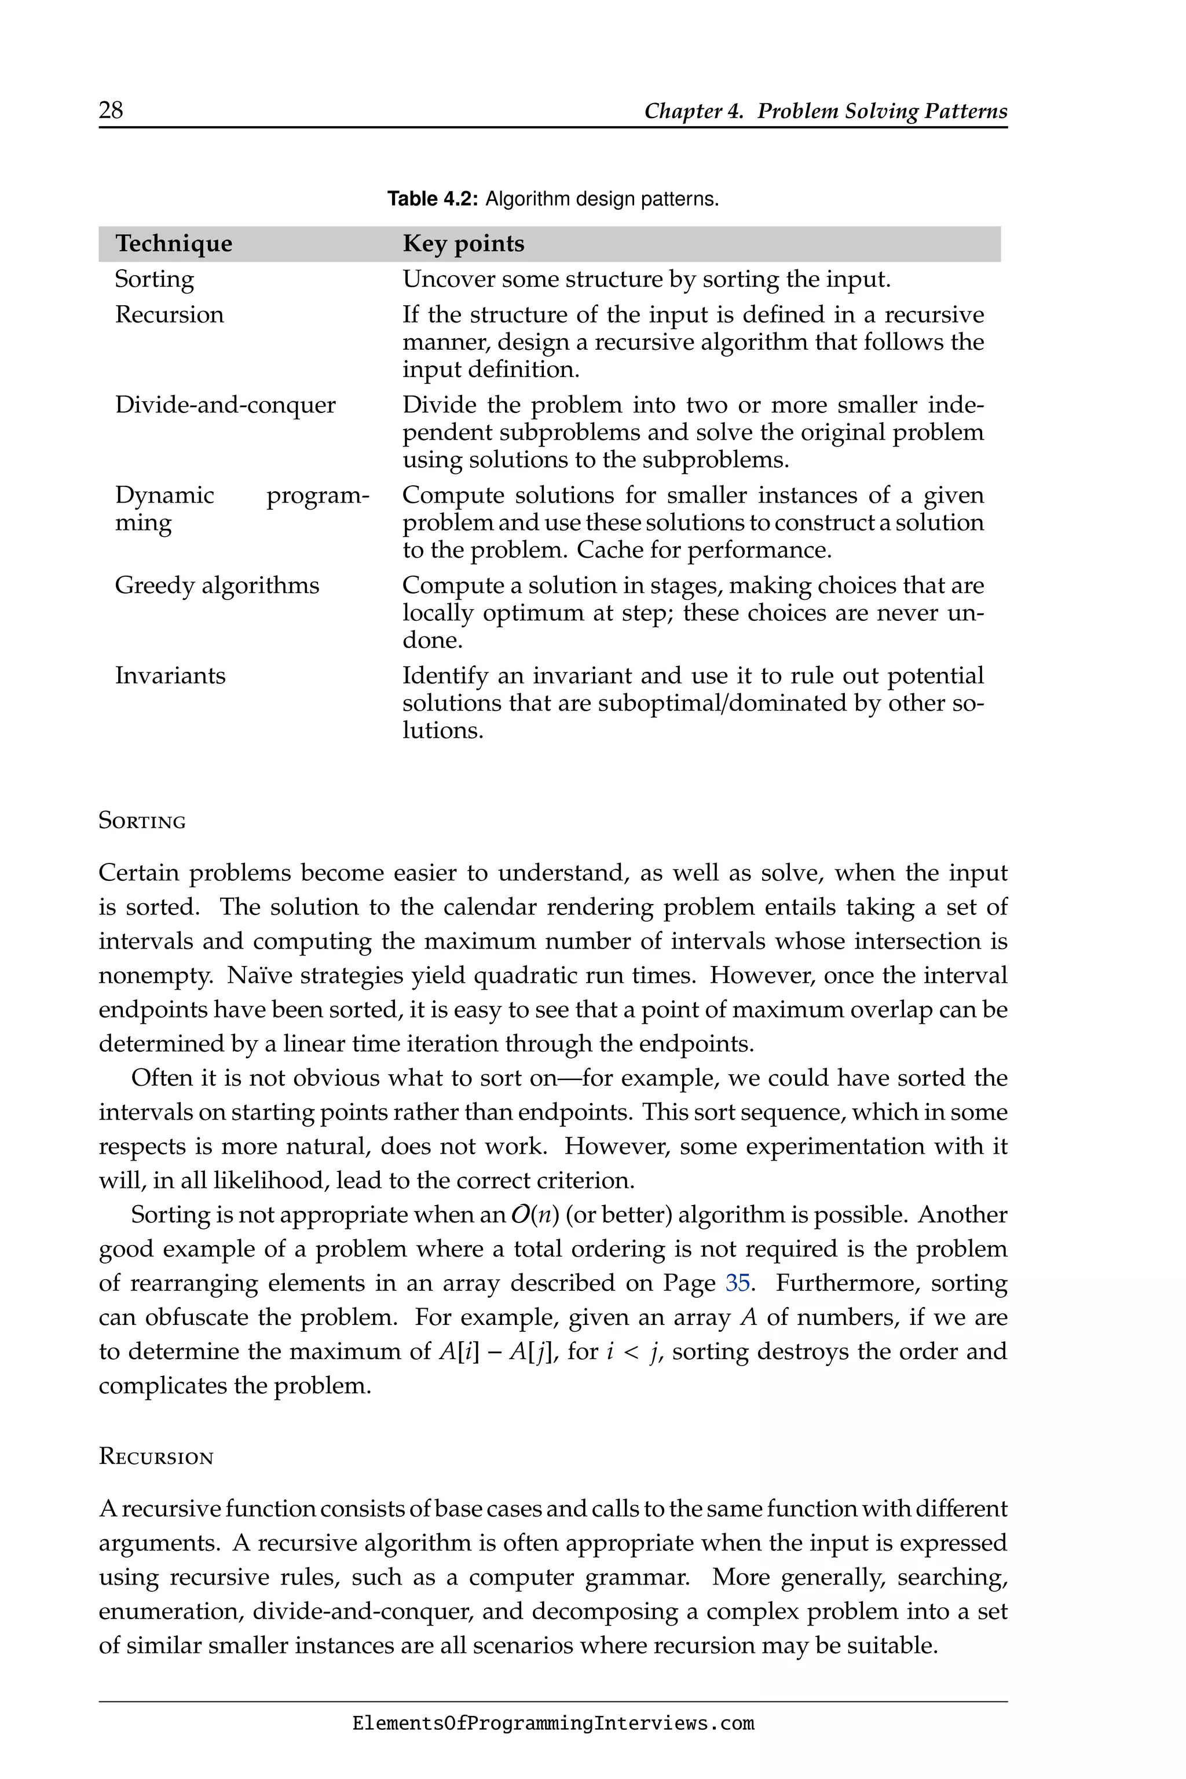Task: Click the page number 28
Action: [x=111, y=111]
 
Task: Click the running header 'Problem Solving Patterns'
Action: [x=882, y=111]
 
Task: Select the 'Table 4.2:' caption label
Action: [x=433, y=199]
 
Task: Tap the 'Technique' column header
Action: [x=173, y=244]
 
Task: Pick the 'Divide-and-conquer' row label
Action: [x=225, y=405]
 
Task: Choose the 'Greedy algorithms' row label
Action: [x=217, y=585]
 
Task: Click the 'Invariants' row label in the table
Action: [x=170, y=675]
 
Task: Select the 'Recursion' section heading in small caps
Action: [x=156, y=1458]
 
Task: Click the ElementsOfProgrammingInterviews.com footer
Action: [x=553, y=1724]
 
